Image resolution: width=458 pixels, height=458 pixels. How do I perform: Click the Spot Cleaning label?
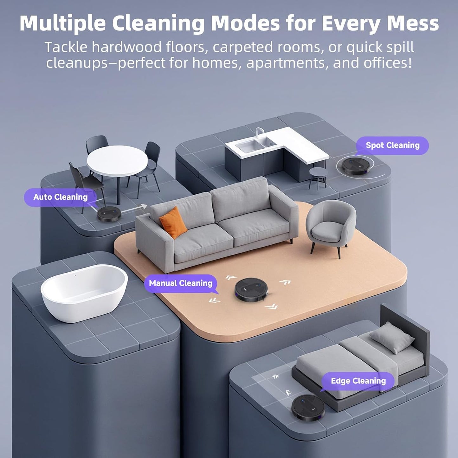392,145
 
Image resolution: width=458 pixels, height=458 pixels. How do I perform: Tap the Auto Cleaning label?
60,197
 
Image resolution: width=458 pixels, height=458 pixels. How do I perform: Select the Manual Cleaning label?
181,283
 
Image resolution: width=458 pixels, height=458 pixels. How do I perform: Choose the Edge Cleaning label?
358,381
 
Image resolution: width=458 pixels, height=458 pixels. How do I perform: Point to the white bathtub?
84,292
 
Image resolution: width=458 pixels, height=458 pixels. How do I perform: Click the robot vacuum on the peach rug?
251,289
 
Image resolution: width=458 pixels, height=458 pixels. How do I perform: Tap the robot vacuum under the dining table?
109,214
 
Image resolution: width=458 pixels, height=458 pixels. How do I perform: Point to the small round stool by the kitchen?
318,176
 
